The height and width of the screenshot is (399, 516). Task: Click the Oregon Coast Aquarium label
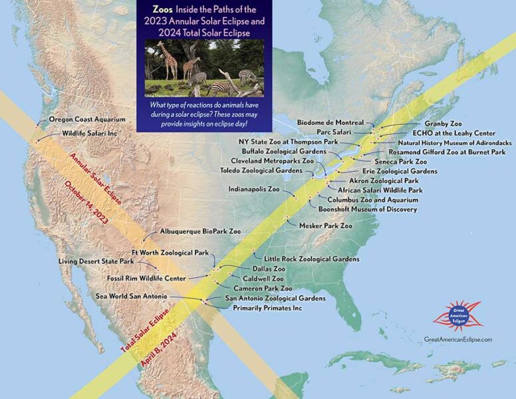point(87,120)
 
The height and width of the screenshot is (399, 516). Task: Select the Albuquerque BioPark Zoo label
point(200,232)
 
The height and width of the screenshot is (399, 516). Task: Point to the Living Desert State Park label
point(96,261)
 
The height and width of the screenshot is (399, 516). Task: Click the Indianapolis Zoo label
point(254,190)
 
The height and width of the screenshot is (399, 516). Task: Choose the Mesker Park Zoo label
point(326,226)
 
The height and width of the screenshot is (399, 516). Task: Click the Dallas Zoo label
point(250,269)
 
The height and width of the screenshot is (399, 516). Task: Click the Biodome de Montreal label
point(330,123)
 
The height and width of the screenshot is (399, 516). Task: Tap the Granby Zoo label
point(443,124)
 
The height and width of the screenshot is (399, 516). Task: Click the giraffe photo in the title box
point(203,68)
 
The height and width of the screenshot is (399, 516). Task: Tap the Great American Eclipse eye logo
point(457,315)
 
